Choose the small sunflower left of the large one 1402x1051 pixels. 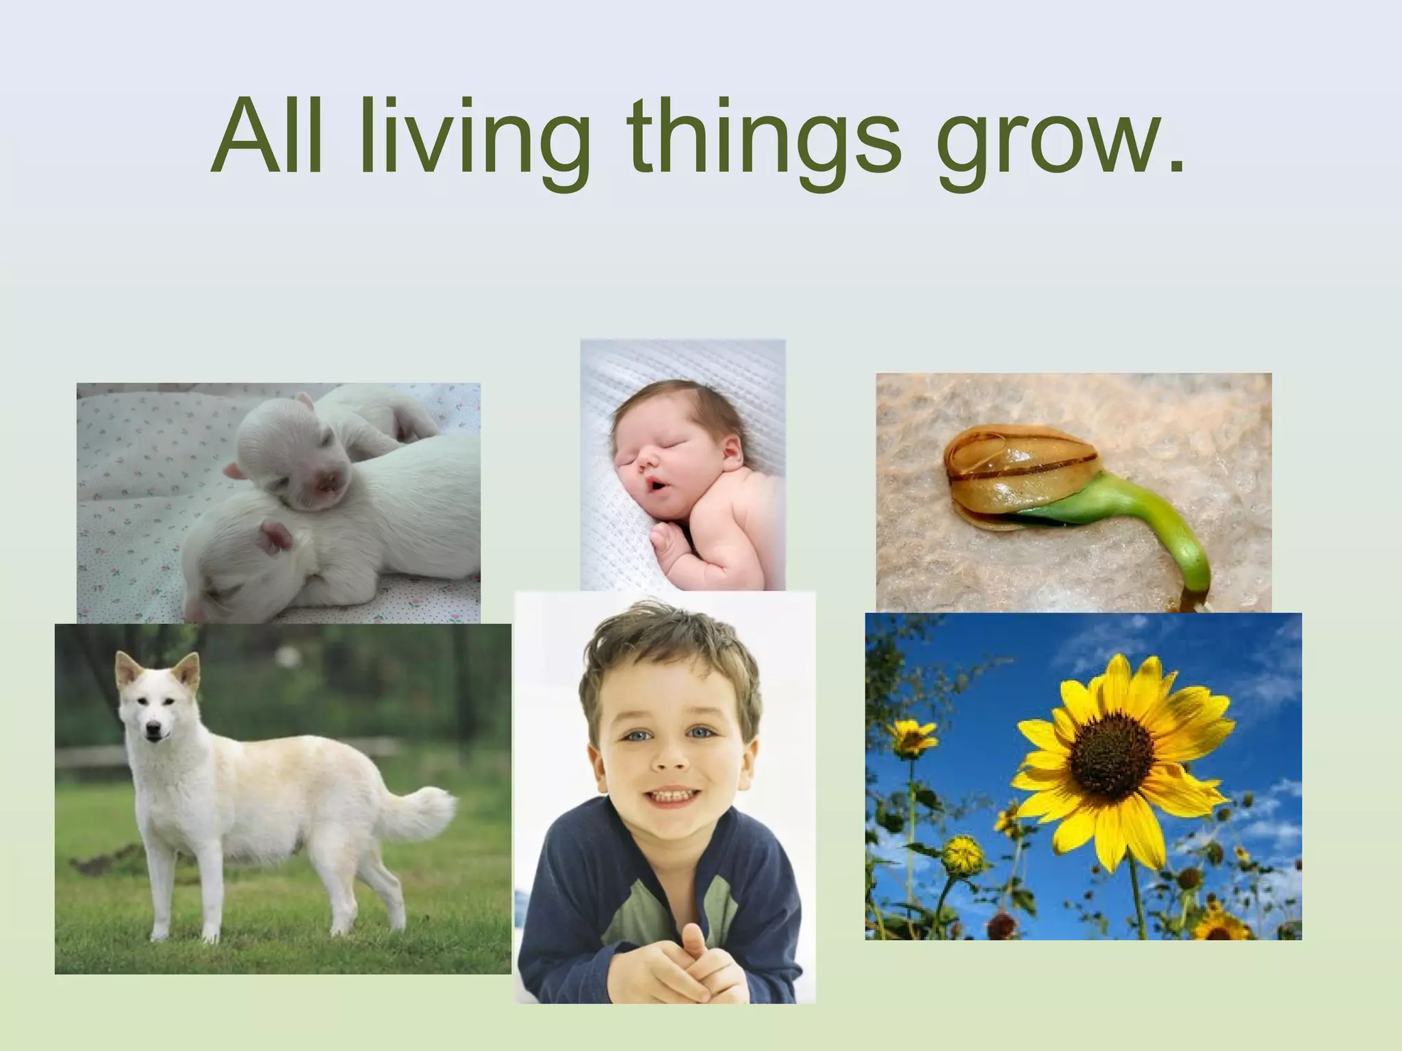[912, 736]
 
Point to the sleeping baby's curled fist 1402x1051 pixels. [667, 545]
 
